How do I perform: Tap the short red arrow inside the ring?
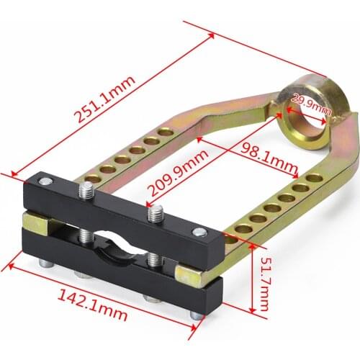[x=302, y=109]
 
